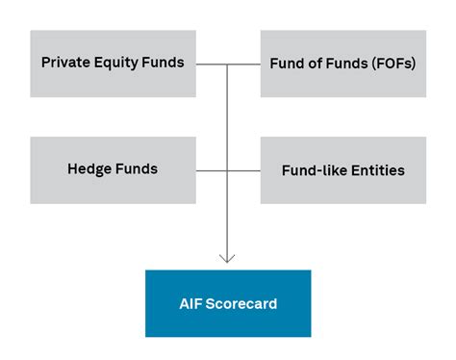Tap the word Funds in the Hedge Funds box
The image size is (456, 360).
pyautogui.click(x=137, y=168)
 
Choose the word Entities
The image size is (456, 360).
pyautogui.click(x=375, y=170)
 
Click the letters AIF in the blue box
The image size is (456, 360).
pyautogui.click(x=191, y=304)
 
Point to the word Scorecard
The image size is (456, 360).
pyautogui.click(x=241, y=304)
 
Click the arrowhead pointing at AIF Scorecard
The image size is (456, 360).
pyautogui.click(x=227, y=258)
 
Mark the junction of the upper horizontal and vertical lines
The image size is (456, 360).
pyautogui.click(x=227, y=64)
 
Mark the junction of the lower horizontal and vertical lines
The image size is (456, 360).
pyautogui.click(x=227, y=170)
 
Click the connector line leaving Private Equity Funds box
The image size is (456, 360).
pyautogui.click(x=211, y=64)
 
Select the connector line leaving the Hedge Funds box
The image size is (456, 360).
pyautogui.click(x=211, y=170)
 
